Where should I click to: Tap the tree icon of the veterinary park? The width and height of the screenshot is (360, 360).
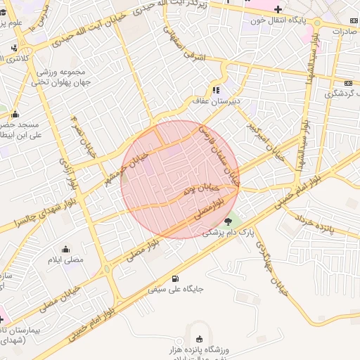[227, 221]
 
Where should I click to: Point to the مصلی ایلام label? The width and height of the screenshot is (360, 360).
[65, 259]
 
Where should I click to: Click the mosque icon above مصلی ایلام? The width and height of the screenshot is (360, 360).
[65, 249]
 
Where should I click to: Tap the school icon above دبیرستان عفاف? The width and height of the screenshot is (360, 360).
[216, 90]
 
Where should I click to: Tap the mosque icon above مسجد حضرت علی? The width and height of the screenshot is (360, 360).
[15, 114]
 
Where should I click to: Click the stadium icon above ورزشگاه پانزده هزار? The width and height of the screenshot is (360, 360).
[200, 339]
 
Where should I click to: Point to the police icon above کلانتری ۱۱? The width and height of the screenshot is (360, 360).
[14, 49]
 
